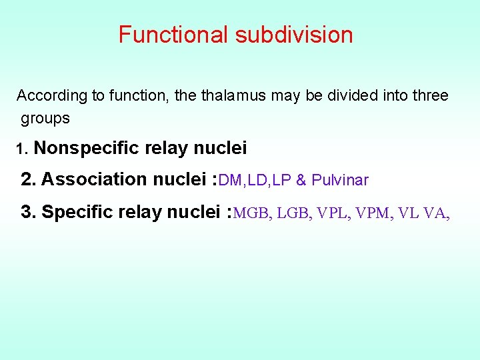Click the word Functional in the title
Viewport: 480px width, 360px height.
pyautogui.click(x=173, y=35)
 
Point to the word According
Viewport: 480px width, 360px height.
pyautogui.click(x=52, y=96)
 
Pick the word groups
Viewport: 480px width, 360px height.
pyautogui.click(x=45, y=119)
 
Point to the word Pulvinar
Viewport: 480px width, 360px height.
pyautogui.click(x=340, y=180)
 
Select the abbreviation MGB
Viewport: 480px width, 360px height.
pyautogui.click(x=253, y=213)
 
